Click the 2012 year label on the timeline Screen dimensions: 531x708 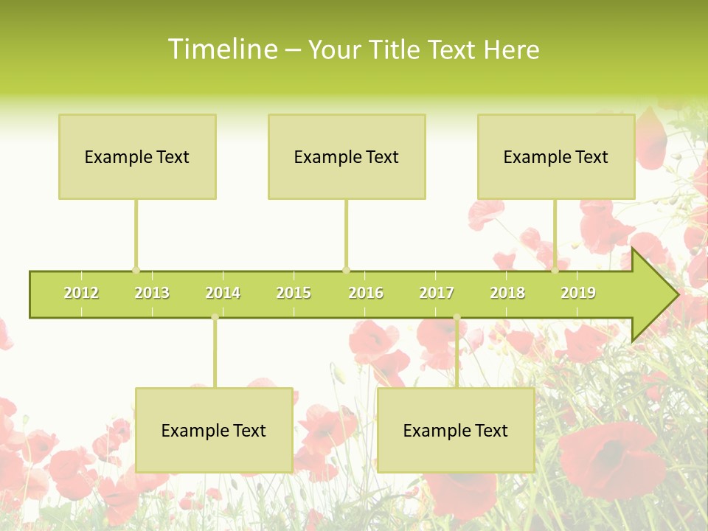(81, 294)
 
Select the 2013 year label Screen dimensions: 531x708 (152, 294)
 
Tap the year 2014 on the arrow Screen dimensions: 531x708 (223, 294)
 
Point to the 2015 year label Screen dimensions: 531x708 (294, 294)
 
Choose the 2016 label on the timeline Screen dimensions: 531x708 (366, 294)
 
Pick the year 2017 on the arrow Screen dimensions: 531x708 (437, 294)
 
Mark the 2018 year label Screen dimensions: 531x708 (507, 294)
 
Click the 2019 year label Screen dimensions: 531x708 (578, 294)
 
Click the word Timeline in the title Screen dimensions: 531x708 (222, 49)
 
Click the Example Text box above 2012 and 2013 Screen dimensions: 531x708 (137, 156)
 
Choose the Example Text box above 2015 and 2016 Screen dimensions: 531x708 (347, 156)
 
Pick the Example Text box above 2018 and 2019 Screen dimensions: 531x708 (556, 156)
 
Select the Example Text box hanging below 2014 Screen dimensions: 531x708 (214, 430)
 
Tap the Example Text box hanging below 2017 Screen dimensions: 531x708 (456, 430)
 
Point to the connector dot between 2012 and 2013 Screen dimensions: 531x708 (136, 270)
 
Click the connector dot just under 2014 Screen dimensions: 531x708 (215, 318)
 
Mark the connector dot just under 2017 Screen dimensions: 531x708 (457, 318)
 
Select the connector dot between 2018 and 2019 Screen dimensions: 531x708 (555, 270)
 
